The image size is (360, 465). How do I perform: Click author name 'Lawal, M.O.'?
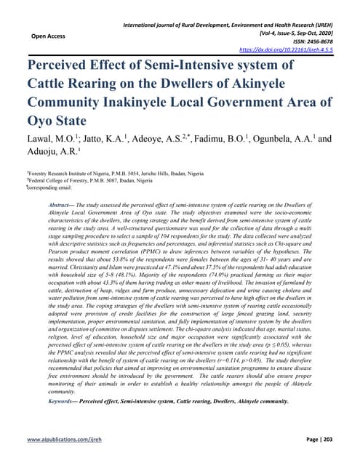click(52, 138)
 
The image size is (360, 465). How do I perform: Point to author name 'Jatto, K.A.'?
click(107, 138)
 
